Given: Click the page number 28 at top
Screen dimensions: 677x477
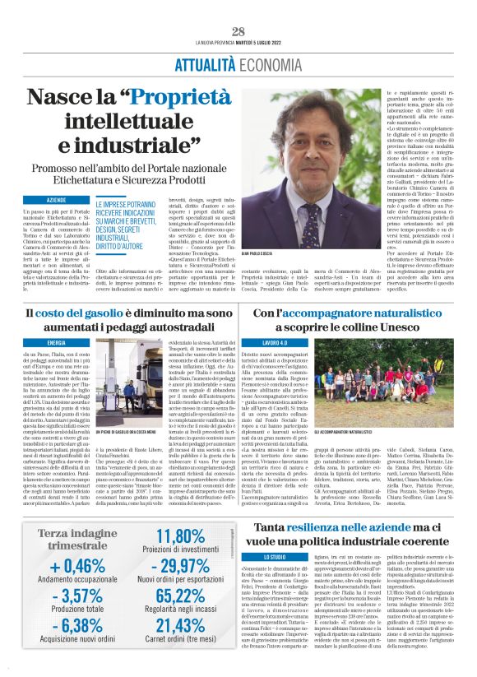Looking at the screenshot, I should click(238, 32).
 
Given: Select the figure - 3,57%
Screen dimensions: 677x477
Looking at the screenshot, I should click(76, 596).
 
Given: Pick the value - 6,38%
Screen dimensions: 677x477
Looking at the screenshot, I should click(76, 628).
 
